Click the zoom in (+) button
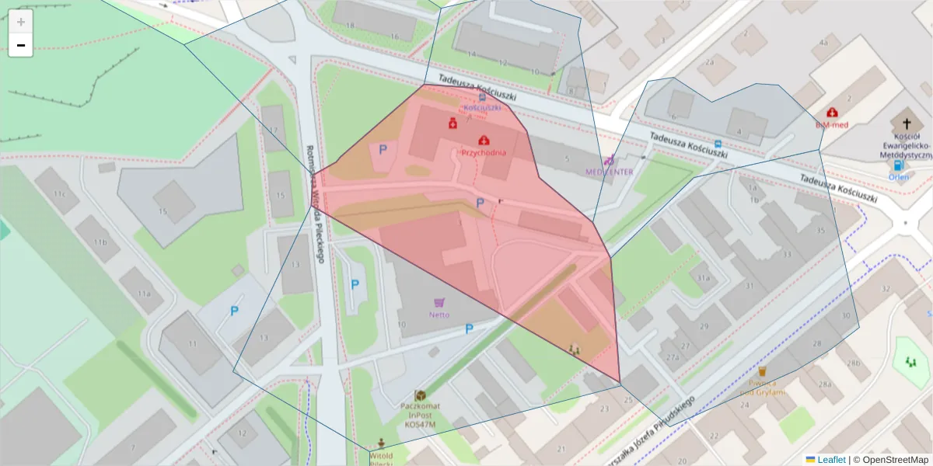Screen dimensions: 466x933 tap(21, 22)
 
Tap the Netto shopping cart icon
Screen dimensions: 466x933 tap(439, 303)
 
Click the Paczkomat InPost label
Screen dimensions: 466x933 tap(420, 411)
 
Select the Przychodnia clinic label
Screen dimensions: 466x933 tap(484, 152)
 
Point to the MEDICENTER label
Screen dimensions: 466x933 tap(609, 171)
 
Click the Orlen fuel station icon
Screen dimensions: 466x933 tap(898, 165)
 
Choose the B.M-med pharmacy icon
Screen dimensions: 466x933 tap(832, 113)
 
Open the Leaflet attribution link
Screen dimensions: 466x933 tap(830, 460)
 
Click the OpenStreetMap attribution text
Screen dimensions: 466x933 tap(891, 460)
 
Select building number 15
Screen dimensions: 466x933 tap(162, 210)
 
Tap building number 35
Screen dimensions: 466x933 tap(819, 231)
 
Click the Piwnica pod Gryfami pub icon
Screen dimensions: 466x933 tap(762, 371)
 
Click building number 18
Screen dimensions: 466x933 tap(350, 26)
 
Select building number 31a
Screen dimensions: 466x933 tap(704, 277)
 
